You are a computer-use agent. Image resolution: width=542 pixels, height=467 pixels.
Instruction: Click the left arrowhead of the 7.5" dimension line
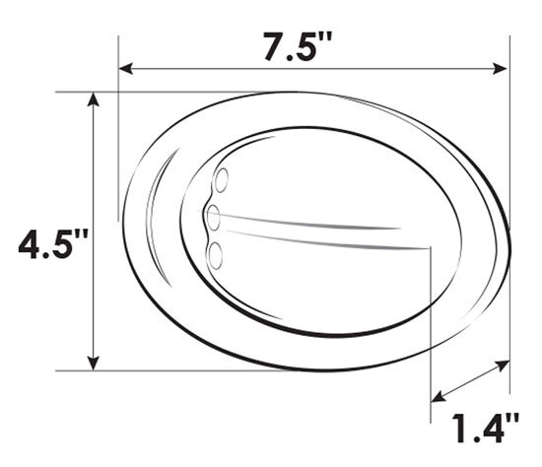tap(124, 68)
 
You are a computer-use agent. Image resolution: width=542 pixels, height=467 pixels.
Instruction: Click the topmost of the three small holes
tap(222, 180)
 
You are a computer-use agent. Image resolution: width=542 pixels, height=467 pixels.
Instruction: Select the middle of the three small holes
tap(213, 217)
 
